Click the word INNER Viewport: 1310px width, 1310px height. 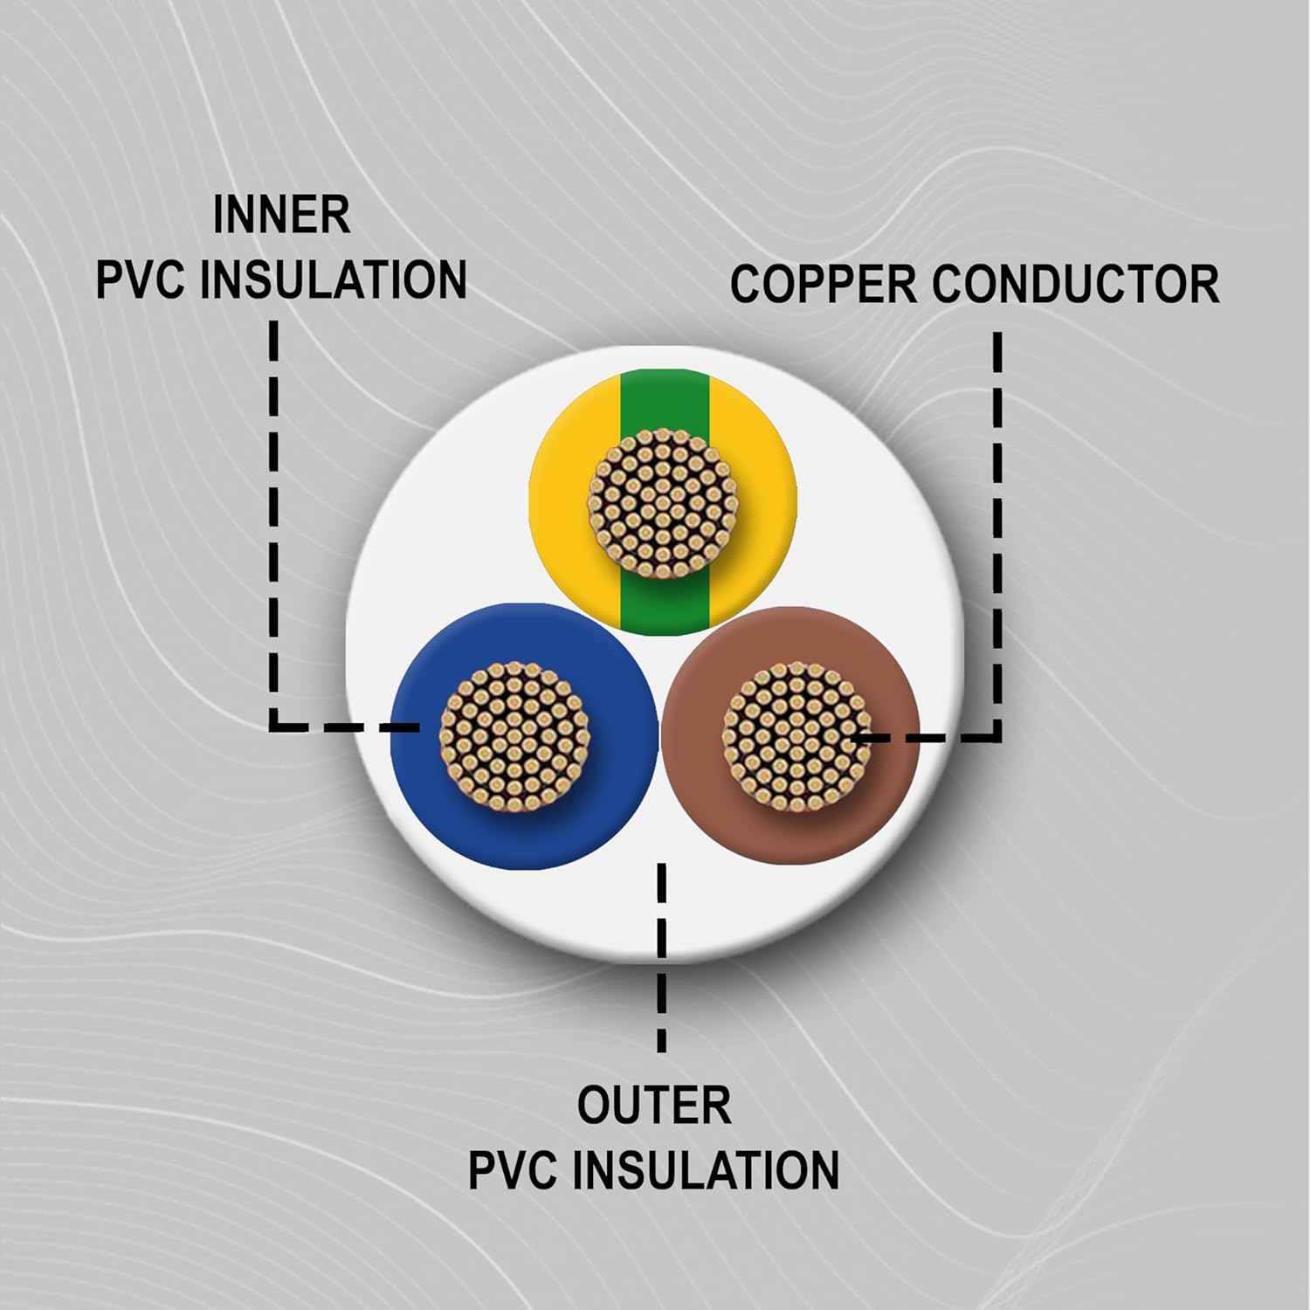coord(281,216)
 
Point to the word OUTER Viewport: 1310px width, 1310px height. coord(654,1106)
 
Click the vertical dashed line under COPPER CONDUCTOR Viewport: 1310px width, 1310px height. coord(996,524)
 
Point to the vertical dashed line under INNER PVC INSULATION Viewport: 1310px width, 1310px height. coord(274,524)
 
